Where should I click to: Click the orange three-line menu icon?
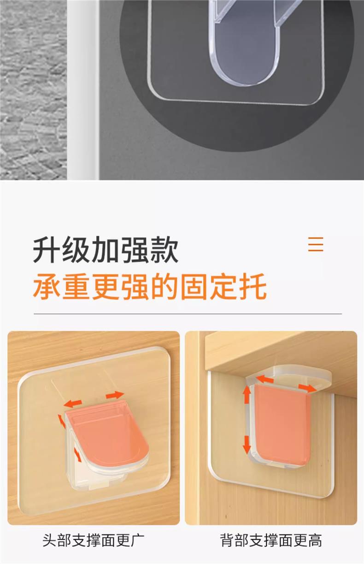click(316, 244)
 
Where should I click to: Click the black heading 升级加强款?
click(106, 249)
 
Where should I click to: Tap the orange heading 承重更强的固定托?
click(150, 286)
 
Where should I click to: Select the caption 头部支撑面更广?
click(94, 540)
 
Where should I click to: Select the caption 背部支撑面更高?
click(271, 540)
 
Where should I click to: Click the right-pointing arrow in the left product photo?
click(115, 395)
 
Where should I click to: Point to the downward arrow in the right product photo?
click(247, 445)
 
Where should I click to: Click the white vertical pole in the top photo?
click(83, 89)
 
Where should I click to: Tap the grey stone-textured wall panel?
click(33, 89)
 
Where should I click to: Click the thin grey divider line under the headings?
click(188, 314)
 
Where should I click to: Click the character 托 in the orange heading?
click(252, 286)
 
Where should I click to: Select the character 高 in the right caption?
click(315, 540)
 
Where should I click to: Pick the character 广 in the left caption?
click(137, 540)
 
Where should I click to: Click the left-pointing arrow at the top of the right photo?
click(264, 379)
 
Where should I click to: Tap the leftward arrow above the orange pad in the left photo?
click(72, 403)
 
